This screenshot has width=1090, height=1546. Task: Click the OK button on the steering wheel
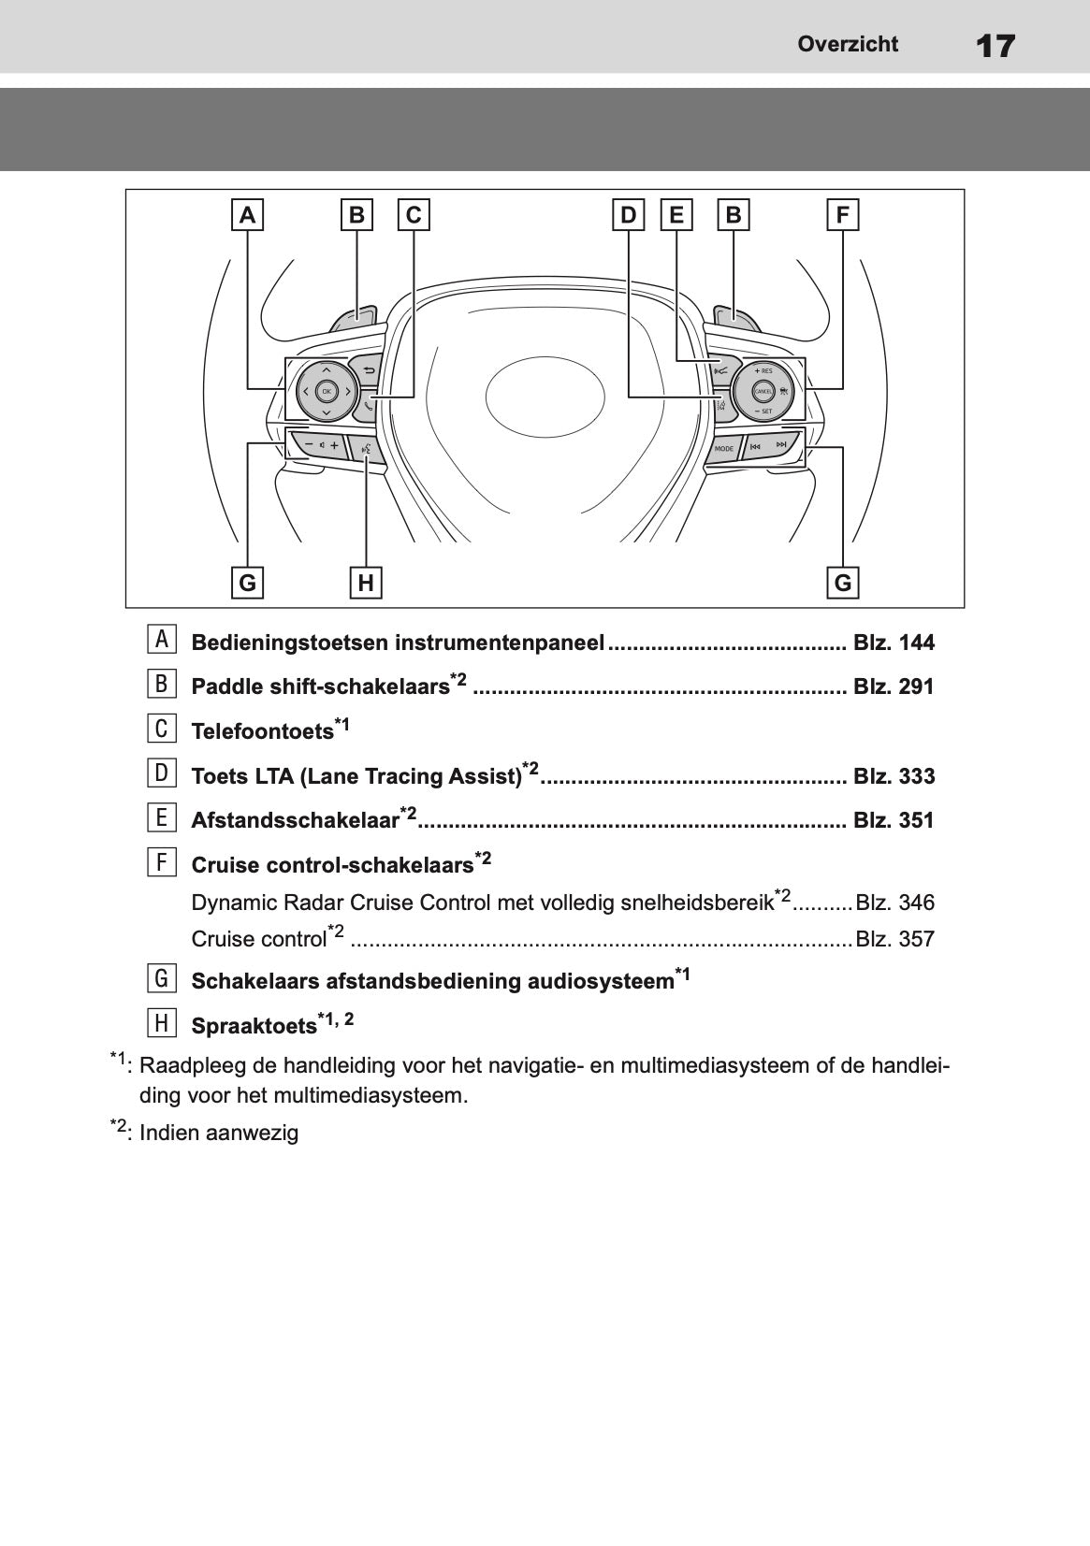tap(326, 391)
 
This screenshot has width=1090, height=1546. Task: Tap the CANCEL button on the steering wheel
tap(763, 390)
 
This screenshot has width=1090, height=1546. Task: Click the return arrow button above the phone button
tap(368, 370)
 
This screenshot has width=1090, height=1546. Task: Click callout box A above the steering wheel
tap(247, 215)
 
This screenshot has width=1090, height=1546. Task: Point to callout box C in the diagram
tap(414, 215)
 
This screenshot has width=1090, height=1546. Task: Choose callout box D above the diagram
tap(628, 215)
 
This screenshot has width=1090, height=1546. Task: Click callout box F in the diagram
tap(843, 215)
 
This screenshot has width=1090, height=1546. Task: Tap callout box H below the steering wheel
tap(366, 583)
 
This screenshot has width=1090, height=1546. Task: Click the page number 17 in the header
tap(995, 46)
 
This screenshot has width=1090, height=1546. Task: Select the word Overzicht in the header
tap(848, 44)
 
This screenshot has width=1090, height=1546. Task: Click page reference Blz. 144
tap(894, 643)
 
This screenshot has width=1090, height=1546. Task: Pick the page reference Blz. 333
tap(894, 776)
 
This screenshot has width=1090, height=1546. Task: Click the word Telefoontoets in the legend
tap(262, 731)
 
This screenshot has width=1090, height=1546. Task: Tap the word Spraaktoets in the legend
tap(254, 1026)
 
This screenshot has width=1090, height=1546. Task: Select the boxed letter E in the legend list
tap(161, 817)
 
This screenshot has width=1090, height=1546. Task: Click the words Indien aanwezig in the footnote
tap(219, 1134)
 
